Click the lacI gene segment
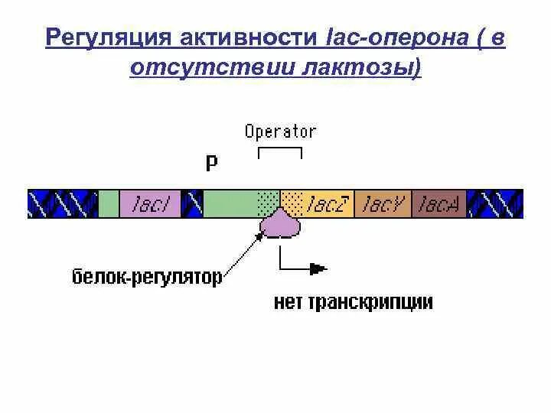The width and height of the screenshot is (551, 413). point(152,204)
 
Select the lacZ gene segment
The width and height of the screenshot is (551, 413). point(328,204)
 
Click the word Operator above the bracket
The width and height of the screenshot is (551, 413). point(280,132)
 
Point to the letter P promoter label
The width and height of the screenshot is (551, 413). point(211,163)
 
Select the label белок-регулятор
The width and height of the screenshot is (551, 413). point(146,276)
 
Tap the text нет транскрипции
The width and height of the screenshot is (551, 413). point(353,302)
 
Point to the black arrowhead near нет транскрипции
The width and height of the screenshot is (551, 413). point(318,268)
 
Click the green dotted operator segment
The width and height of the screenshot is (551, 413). point(269,204)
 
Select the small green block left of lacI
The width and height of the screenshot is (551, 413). point(109,204)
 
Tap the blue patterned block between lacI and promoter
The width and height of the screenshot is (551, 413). point(194,204)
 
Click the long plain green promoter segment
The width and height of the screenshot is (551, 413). point(230,204)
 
